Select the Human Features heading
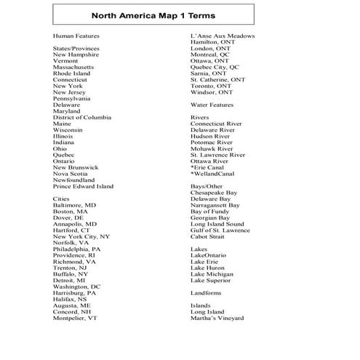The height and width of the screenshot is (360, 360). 76,36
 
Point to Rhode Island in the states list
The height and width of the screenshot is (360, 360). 71,73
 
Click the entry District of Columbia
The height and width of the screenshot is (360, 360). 82,117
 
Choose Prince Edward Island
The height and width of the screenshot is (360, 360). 83,186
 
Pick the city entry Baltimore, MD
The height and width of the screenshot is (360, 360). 74,205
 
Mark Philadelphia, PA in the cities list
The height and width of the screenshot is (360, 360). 76,249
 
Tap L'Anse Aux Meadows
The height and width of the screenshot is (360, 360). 223,36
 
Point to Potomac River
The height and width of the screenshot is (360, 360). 212,142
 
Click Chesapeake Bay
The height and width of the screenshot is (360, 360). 215,193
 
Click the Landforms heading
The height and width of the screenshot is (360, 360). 207,293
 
